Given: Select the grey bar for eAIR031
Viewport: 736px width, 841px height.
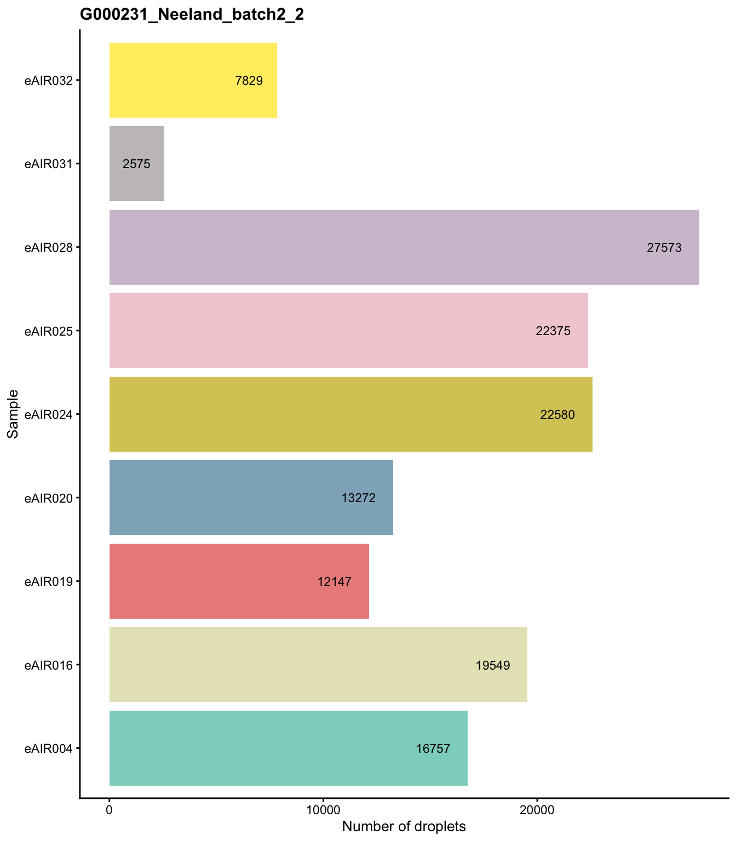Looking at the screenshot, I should [x=137, y=164].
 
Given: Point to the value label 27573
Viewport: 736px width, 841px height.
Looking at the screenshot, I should [x=664, y=247].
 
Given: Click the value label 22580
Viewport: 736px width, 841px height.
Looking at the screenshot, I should [x=557, y=414].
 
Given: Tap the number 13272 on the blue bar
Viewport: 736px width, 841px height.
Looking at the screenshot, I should [x=358, y=498].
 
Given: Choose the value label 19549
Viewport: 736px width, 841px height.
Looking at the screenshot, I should [x=493, y=665].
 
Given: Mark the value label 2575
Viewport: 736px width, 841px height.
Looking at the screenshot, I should [x=136, y=164].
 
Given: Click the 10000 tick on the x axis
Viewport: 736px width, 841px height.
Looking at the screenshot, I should [x=323, y=810].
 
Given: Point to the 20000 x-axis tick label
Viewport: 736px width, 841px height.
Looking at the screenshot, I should [x=537, y=810].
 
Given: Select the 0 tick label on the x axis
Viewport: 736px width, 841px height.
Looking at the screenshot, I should [x=110, y=810].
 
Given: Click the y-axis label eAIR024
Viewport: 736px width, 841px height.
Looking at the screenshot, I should [x=48, y=414].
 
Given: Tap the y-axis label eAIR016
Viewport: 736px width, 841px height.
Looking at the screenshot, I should [x=48, y=665].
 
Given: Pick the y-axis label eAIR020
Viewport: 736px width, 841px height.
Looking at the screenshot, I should [x=48, y=498].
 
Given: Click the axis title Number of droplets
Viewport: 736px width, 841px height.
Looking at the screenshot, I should [x=404, y=826].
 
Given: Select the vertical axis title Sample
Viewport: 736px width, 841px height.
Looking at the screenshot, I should [x=13, y=414].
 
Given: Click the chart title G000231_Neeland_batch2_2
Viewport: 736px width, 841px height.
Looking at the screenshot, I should [x=192, y=15].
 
